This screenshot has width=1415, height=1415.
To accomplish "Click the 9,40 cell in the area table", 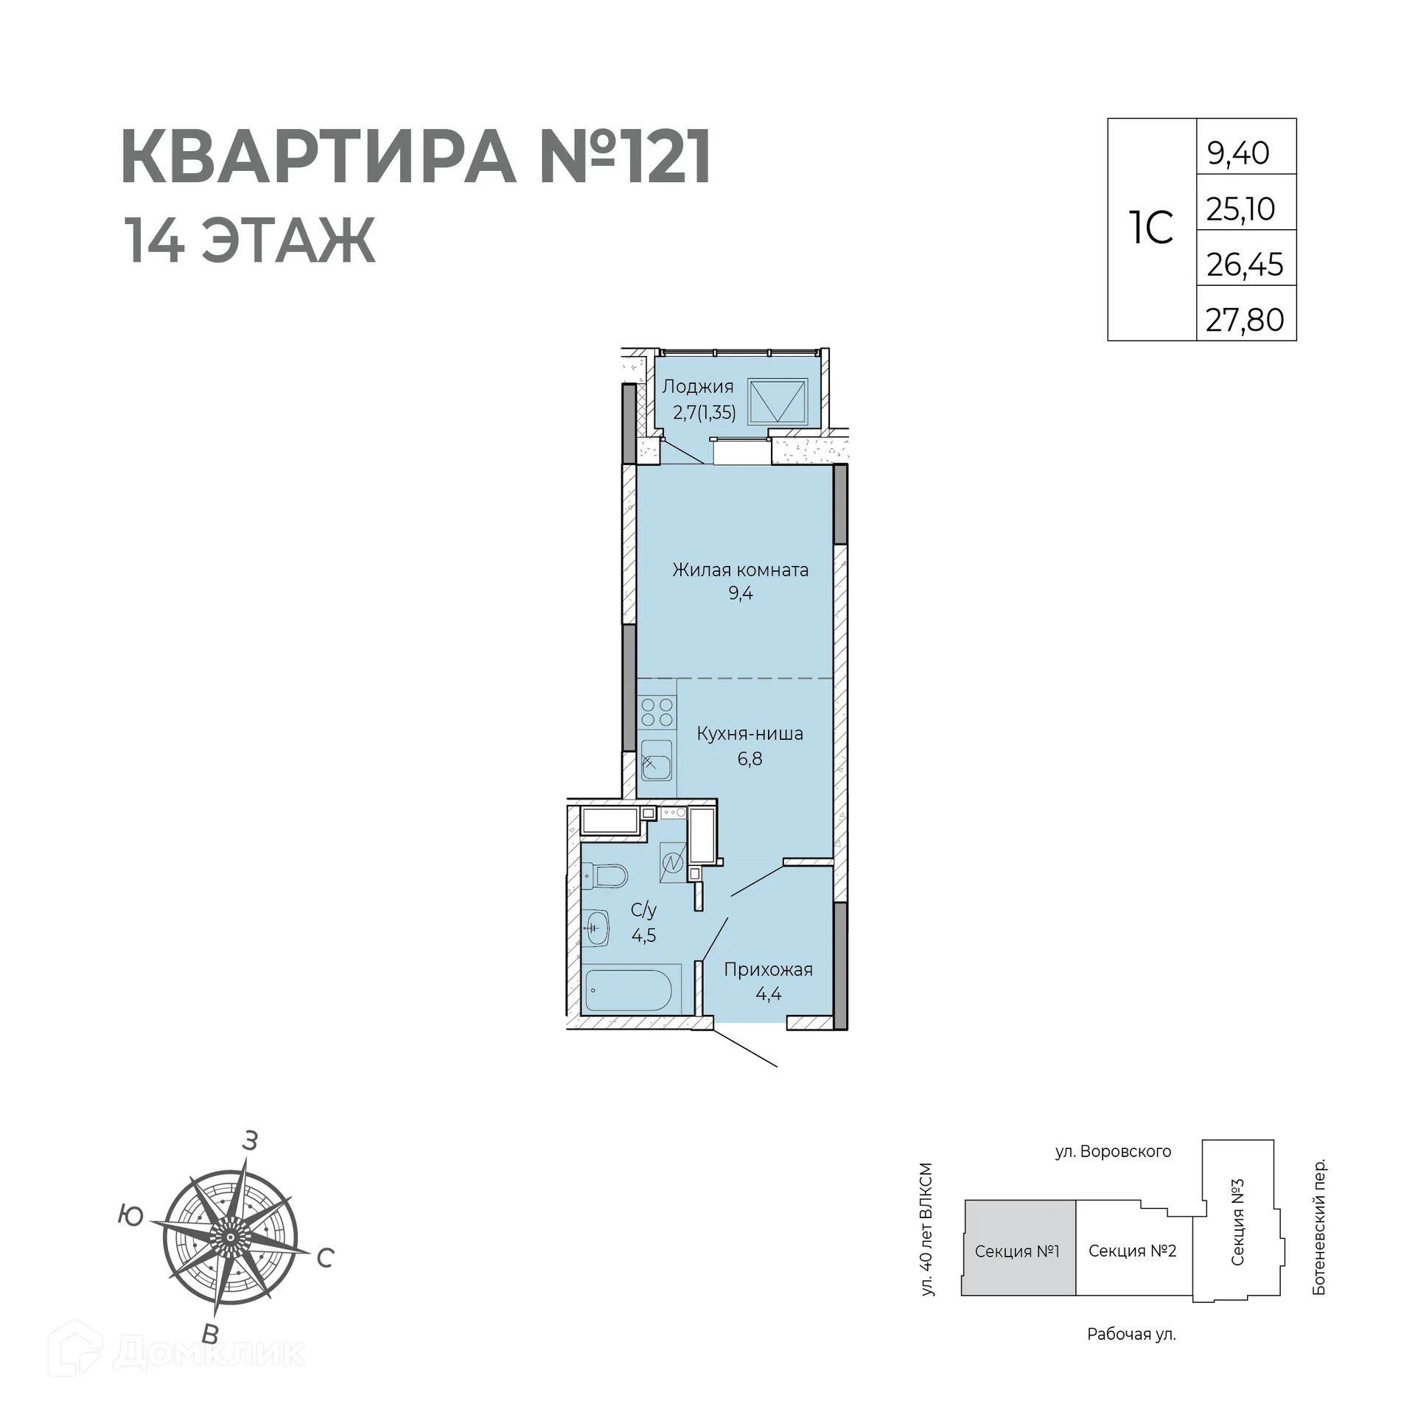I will (1245, 153).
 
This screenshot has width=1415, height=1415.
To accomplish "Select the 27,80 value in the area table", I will (1245, 320).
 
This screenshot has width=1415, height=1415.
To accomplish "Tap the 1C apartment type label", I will (1150, 228).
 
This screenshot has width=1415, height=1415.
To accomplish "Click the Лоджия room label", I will (697, 386).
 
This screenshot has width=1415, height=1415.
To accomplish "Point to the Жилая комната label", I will (740, 570).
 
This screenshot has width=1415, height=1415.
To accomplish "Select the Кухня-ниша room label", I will (750, 733).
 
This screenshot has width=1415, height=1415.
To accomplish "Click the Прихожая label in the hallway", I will (768, 969).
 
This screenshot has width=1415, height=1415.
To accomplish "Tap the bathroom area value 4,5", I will (643, 935).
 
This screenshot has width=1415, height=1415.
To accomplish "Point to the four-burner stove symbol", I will (657, 712).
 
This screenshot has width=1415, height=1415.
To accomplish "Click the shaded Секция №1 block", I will (1017, 1251).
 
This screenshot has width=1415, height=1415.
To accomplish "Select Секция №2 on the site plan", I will (1132, 1251).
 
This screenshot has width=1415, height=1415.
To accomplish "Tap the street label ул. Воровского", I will (1113, 1151).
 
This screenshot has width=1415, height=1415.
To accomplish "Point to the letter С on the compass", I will (325, 1258).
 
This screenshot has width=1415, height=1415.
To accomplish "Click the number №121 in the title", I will (625, 157).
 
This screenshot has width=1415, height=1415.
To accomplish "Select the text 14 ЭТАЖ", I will (251, 240).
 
